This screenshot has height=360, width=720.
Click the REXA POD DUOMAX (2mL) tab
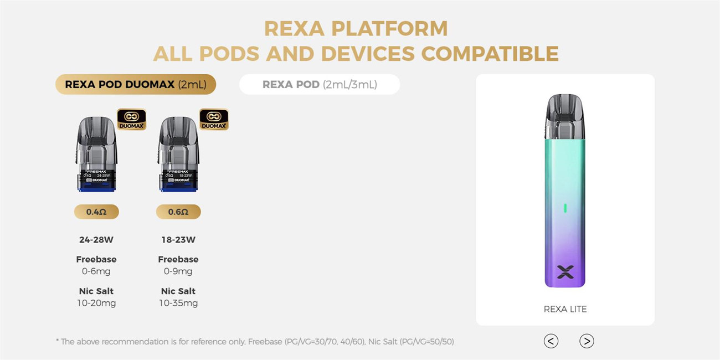pos(135,84)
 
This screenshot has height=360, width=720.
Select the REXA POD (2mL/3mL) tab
pos(319,84)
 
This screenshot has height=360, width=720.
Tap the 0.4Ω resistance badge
pos(96,212)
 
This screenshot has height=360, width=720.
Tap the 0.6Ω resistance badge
pos(178,212)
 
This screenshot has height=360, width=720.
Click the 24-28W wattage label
pos(96,240)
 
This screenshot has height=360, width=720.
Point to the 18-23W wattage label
pos(178,240)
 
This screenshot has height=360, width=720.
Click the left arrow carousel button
pos(551,341)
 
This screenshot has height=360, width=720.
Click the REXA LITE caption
pos(565,309)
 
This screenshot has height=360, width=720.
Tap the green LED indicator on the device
pos(565,208)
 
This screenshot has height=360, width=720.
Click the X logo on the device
pos(565,271)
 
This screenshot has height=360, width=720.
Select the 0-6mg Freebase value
pos(96,271)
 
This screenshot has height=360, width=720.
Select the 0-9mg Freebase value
pos(178,271)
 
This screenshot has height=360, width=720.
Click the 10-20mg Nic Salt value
pos(96,303)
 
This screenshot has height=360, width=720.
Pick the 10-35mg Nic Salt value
pos(178,303)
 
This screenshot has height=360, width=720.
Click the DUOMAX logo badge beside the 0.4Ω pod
pos(132,119)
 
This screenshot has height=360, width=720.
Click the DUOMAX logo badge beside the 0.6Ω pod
pos(214,119)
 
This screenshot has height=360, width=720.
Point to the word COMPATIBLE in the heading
pos(490,54)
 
